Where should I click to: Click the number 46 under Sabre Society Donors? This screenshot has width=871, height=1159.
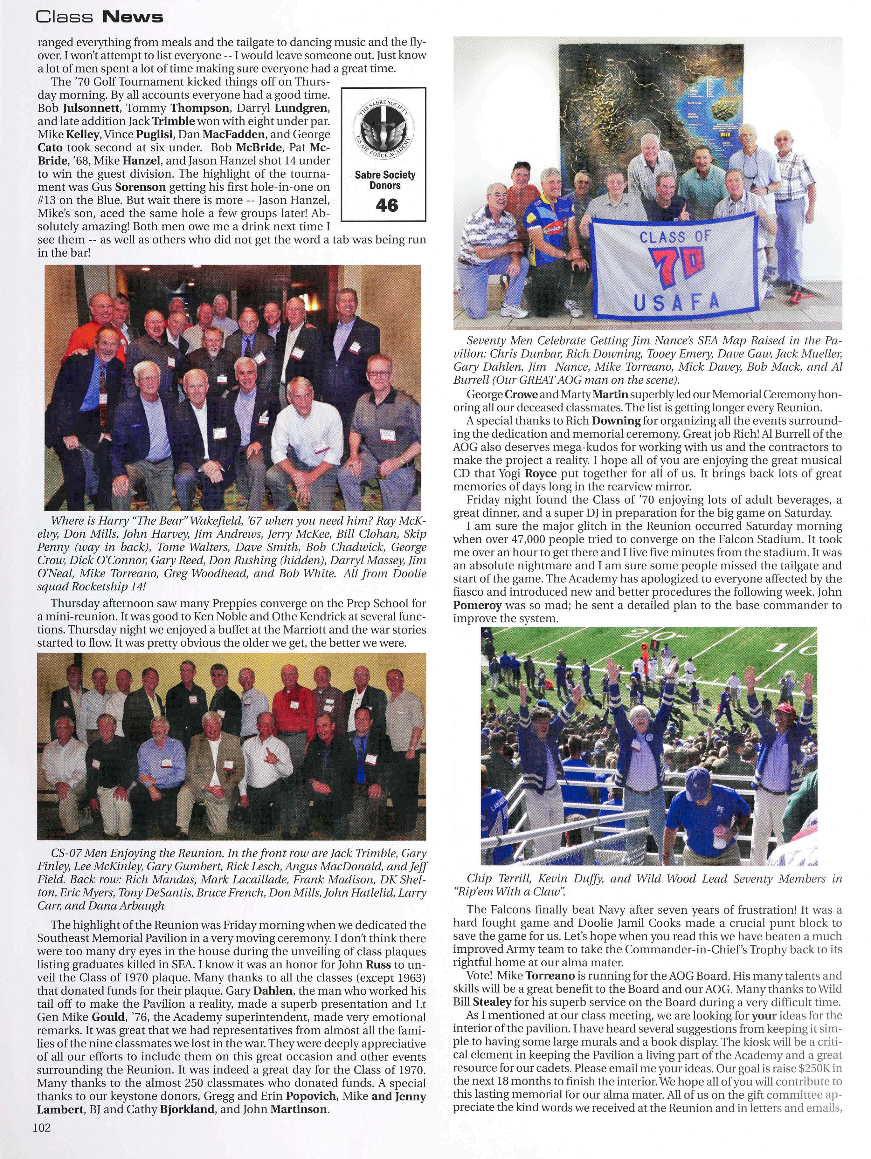tap(387, 205)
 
